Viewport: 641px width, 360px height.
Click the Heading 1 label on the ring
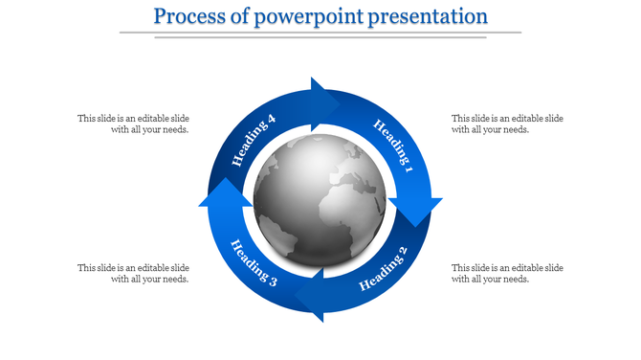tap(393, 143)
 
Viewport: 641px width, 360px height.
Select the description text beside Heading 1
tap(507, 124)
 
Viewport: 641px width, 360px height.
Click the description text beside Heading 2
tap(507, 273)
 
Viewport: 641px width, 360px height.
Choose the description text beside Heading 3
tap(133, 273)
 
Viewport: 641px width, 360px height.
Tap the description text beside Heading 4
tap(133, 124)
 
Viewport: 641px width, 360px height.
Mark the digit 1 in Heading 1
tap(409, 169)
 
